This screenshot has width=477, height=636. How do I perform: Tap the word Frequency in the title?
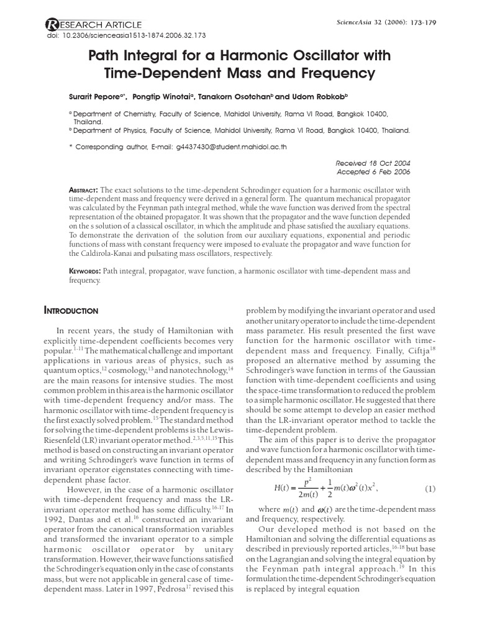[x=336, y=74]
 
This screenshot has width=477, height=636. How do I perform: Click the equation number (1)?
[x=430, y=489]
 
